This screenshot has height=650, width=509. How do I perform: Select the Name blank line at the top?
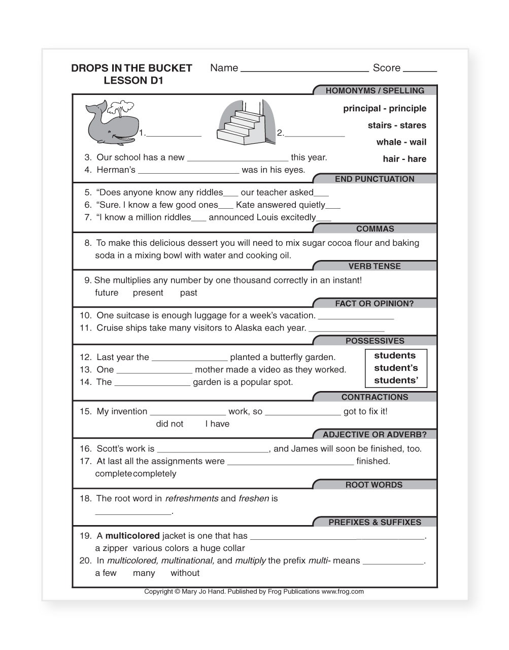point(304,69)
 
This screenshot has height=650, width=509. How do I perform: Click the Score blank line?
point(420,69)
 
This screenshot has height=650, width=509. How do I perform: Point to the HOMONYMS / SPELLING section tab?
point(375,91)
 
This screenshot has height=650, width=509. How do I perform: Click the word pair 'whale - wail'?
point(401,142)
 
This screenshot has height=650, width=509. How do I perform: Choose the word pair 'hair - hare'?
point(404,159)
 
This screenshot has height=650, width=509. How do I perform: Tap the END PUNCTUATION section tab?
point(375,179)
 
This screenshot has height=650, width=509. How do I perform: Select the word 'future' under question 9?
point(107,293)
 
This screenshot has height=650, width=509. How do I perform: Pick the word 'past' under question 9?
point(188,293)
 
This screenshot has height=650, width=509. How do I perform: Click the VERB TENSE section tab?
point(375,267)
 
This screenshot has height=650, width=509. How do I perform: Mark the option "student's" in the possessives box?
point(396,368)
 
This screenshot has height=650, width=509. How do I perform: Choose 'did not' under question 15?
point(169,424)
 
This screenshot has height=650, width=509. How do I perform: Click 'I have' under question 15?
point(217,424)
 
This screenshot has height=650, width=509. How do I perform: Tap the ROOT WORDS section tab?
point(374,485)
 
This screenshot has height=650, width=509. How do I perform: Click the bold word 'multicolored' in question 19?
point(132,536)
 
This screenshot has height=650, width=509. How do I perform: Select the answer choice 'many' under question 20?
point(144,573)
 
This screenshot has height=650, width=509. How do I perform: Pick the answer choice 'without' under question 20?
point(185,573)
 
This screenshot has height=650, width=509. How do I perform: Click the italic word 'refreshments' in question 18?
point(192,499)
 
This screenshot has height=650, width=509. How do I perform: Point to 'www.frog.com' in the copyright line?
point(343,592)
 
